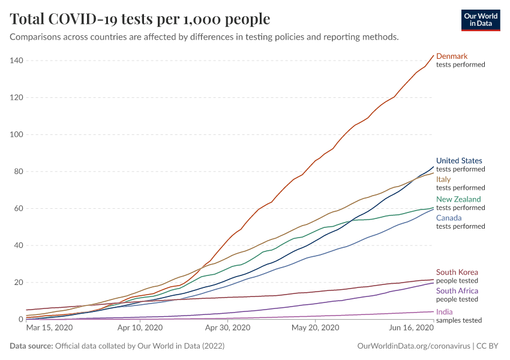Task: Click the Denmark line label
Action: [x=451, y=56]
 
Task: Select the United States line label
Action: [x=459, y=161]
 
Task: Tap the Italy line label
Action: [x=443, y=179]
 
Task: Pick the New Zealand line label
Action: [x=458, y=199]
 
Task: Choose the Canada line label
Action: [x=449, y=218]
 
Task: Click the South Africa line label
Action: [x=458, y=290]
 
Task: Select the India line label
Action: [x=444, y=312]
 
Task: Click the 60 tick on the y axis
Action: [x=18, y=208]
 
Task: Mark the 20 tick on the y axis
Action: [x=18, y=282]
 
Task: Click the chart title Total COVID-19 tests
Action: [x=140, y=19]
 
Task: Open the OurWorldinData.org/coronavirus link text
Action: [x=412, y=346]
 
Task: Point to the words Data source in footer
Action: [x=31, y=346]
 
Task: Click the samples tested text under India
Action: [x=459, y=320]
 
